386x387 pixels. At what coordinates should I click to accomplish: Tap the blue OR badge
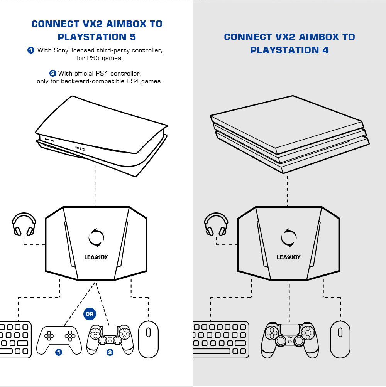tap(90, 314)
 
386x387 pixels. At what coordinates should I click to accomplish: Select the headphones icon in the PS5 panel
tap(24, 224)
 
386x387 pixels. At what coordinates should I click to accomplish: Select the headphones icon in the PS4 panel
tap(216, 224)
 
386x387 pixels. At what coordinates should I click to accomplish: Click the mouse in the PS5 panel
tap(148, 339)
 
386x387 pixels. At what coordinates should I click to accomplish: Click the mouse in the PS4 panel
tap(340, 339)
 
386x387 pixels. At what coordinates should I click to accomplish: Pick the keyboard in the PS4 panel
tap(221, 339)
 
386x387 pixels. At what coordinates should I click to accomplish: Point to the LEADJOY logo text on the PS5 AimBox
tap(96, 257)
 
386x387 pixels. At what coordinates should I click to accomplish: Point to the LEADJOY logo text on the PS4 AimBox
tap(288, 257)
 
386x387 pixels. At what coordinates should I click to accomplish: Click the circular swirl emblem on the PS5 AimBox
tap(96, 237)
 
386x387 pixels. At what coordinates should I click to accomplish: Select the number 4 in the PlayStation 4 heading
tap(325, 50)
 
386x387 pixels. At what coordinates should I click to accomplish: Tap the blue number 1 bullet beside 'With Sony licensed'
tap(31, 50)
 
